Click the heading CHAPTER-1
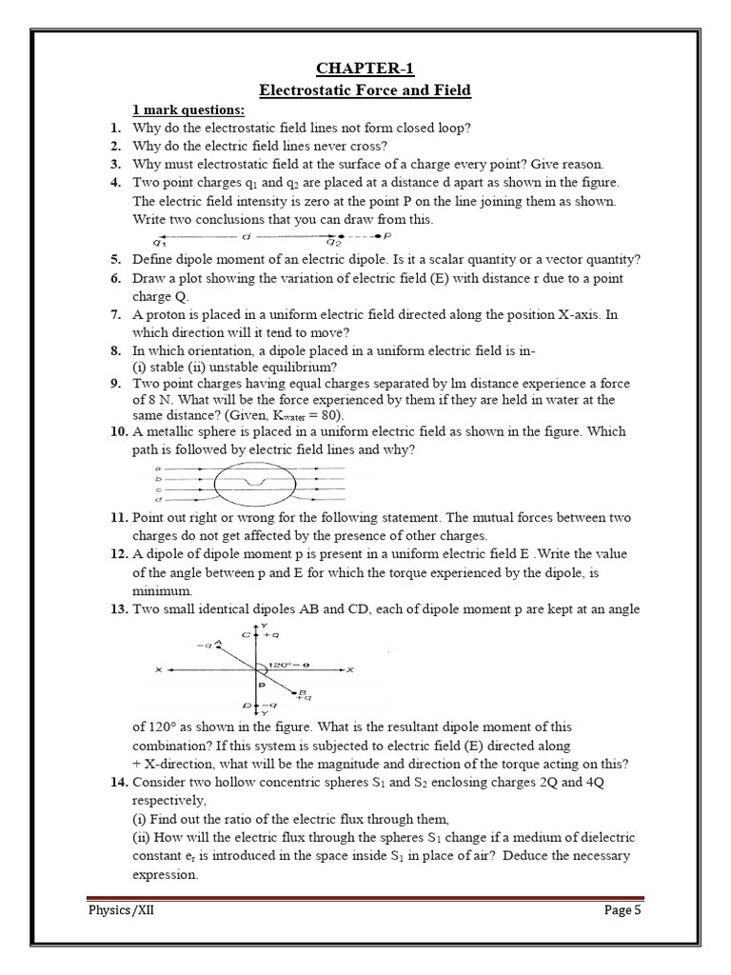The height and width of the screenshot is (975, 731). pos(366,67)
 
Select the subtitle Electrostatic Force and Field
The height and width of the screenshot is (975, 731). pos(366,90)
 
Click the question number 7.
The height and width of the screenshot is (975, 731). pos(115,314)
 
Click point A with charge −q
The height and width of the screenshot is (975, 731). pos(218,644)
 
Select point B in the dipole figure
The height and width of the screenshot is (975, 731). pos(302,692)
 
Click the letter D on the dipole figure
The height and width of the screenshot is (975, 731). pos(246,706)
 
